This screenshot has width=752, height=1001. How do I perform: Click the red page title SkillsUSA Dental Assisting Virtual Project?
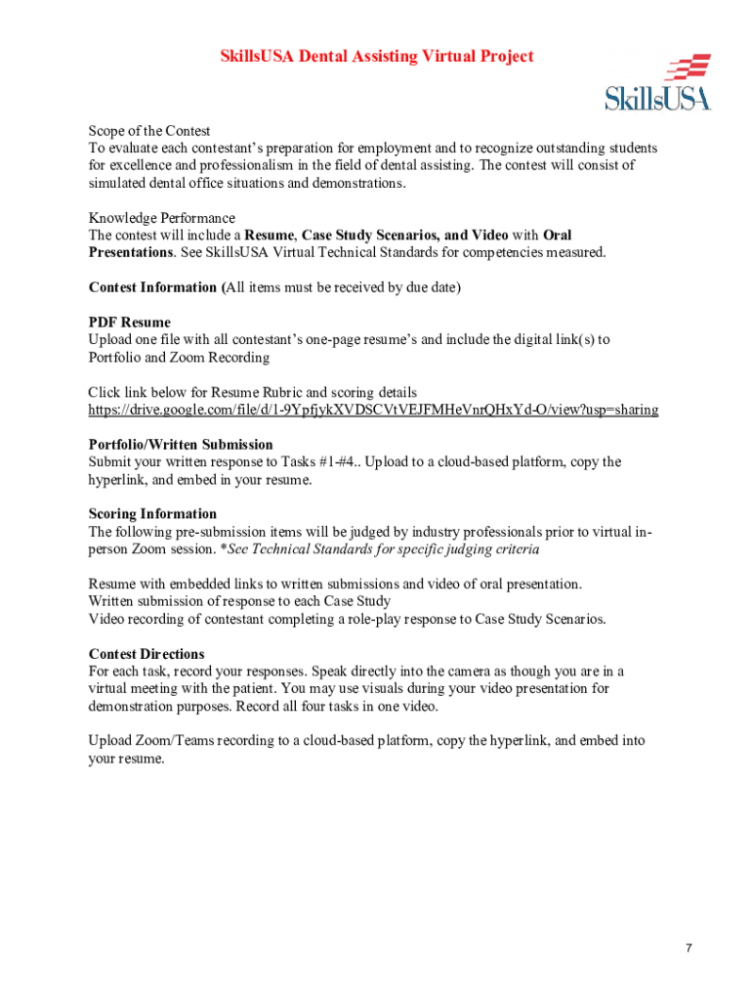[x=376, y=57]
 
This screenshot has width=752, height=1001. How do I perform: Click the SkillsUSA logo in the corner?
[x=657, y=84]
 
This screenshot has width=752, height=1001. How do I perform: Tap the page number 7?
[x=689, y=948]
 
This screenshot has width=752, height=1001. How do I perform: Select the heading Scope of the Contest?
[x=149, y=131]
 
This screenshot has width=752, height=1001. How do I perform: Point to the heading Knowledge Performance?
[x=162, y=218]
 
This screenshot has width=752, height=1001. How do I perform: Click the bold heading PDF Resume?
[x=130, y=323]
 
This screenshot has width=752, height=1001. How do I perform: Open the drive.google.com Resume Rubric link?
[x=373, y=410]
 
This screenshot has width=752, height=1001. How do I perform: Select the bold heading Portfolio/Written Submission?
[x=181, y=445]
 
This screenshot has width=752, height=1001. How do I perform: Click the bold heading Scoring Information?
[x=152, y=514]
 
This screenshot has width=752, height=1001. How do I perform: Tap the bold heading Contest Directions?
[x=146, y=654]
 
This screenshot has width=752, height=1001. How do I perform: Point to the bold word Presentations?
[x=131, y=252]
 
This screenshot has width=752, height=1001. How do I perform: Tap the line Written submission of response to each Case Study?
[x=240, y=601]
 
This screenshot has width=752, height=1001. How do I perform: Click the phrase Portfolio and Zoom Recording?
[x=180, y=358]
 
